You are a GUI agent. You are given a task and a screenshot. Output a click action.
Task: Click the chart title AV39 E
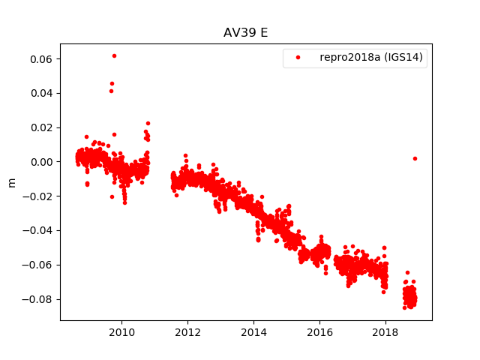[x=246, y=33]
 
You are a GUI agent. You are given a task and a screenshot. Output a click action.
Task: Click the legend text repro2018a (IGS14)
[x=373, y=57]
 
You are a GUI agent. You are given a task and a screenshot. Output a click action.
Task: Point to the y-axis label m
[x=11, y=182]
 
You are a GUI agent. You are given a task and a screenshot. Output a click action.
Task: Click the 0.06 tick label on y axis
[x=40, y=58]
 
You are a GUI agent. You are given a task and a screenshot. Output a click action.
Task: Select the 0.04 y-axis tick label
[x=40, y=93]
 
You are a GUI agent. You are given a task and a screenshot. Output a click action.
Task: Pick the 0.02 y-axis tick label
[x=40, y=127]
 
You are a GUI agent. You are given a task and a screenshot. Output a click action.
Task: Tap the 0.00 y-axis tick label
[x=40, y=162]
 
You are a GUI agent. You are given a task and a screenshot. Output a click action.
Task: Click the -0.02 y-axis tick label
[x=37, y=196]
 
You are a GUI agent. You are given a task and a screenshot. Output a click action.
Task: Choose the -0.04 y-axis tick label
[x=37, y=231]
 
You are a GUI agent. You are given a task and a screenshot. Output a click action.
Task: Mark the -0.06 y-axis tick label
[x=37, y=265]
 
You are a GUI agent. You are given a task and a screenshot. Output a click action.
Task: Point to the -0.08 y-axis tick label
[x=37, y=299]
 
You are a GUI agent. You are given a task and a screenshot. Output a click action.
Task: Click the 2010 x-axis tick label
[x=121, y=332]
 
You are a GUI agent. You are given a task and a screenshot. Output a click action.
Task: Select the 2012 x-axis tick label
[x=187, y=332]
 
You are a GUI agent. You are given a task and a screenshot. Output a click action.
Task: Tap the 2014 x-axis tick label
[x=253, y=332]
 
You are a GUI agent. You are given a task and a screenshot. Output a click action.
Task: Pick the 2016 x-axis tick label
[x=319, y=332]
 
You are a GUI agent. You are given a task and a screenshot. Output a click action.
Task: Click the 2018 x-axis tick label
[x=385, y=332]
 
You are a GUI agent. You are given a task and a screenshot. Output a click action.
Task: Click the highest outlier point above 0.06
[x=114, y=55]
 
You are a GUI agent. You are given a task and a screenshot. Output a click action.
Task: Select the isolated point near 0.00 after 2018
[x=415, y=158]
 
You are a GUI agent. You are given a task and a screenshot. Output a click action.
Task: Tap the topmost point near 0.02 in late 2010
[x=148, y=123]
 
